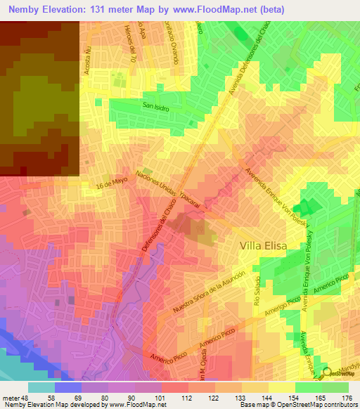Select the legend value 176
(x=346, y=398)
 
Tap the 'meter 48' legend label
(x=15, y=398)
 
